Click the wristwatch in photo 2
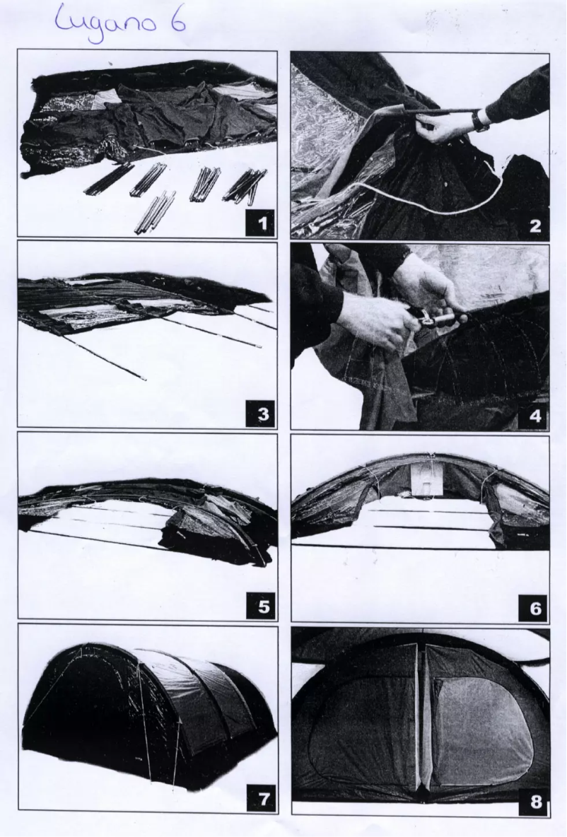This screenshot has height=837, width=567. point(480,121)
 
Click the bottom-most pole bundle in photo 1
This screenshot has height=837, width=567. point(154,213)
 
